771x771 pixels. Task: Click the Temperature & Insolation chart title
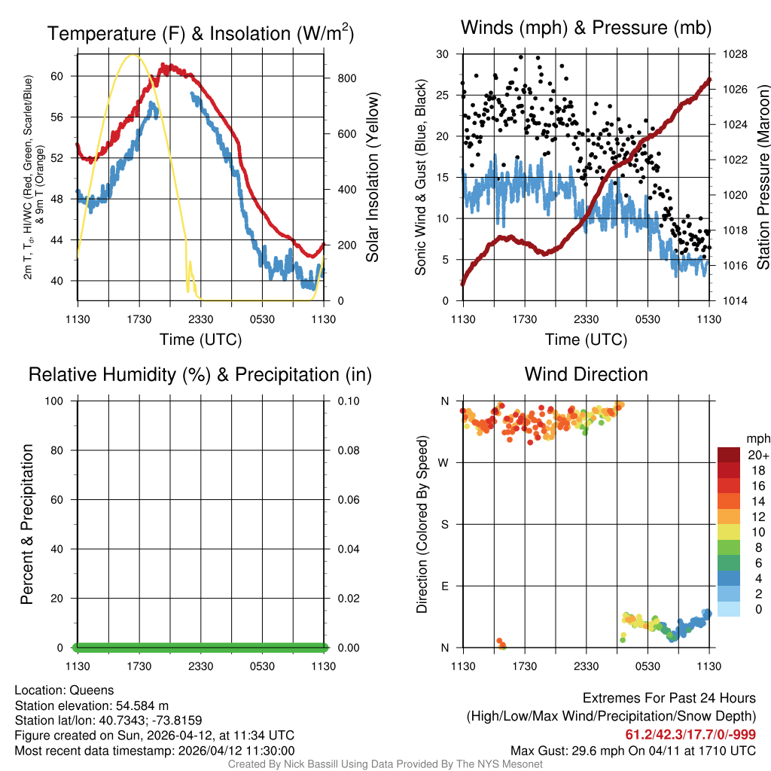coord(200,34)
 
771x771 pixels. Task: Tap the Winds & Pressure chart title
coord(586,28)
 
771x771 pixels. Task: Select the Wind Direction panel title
coord(586,374)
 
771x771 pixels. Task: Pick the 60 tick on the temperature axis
coord(65,76)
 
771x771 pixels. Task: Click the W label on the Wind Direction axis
coord(445,463)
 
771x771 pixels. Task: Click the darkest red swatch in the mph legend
coord(729,455)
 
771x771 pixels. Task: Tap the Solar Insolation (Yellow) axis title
coord(372,178)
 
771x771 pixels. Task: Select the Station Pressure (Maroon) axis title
coord(763,178)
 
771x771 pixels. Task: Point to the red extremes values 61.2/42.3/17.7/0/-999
coord(690,734)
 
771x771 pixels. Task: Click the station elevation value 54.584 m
coord(142,705)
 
